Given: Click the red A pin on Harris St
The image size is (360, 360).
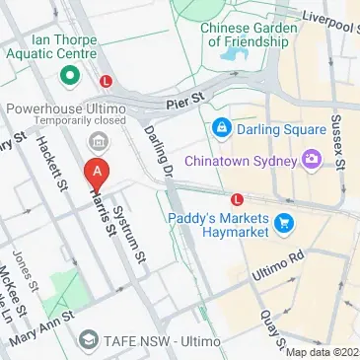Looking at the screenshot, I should pyautogui.click(x=97, y=173).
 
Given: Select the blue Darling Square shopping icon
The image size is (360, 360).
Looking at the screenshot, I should pyautogui.click(x=221, y=129).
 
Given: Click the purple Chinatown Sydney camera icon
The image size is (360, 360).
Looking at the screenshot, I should pyautogui.click(x=311, y=158).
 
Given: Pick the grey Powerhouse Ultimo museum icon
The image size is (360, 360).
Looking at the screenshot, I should pyautogui.click(x=98, y=138).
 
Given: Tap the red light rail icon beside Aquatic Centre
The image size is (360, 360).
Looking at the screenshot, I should pyautogui.click(x=107, y=81).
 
